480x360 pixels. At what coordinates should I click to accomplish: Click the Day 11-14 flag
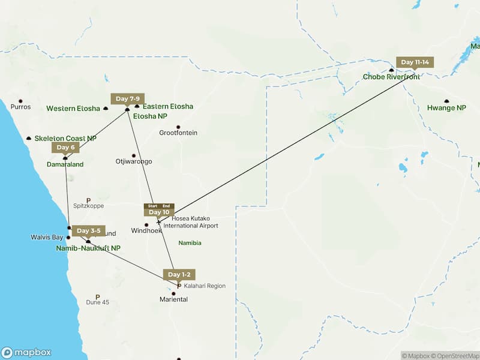tap(415, 62)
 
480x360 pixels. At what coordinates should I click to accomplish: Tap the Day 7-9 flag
tap(128, 99)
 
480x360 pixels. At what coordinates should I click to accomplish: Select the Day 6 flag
tap(65, 148)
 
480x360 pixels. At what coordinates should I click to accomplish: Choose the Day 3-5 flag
tap(88, 231)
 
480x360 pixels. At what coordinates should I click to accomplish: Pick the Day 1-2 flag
tap(179, 275)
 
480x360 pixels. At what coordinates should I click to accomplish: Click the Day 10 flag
tap(159, 212)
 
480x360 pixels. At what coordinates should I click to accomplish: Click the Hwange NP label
tap(446, 108)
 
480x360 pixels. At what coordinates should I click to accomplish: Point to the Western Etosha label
tap(73, 109)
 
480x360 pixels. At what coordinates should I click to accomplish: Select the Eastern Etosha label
tap(168, 107)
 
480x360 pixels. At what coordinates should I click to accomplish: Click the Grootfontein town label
tap(178, 133)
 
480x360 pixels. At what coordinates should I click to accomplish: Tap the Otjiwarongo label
tap(134, 161)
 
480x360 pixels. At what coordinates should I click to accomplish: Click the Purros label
tap(20, 107)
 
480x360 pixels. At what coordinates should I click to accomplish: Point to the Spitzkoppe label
tap(88, 205)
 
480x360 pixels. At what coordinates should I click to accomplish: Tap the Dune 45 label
tap(97, 302)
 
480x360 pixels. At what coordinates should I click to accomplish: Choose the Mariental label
tap(173, 299)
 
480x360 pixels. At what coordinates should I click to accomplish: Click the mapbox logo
tap(27, 353)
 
